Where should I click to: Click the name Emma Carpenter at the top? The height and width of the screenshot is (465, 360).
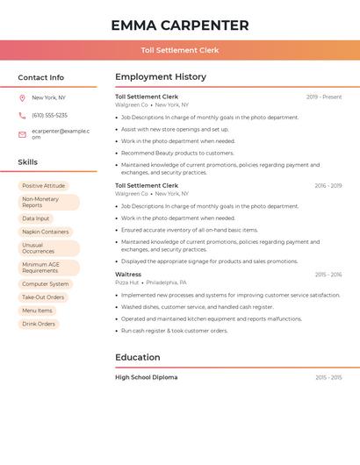point(180,25)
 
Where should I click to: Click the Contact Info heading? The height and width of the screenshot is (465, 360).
point(41,77)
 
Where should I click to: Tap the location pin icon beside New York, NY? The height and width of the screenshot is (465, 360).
point(22,97)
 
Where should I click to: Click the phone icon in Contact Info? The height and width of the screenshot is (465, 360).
point(22,115)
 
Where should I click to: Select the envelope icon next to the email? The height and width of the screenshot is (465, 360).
point(22,134)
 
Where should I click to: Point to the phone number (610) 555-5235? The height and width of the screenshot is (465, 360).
point(49,115)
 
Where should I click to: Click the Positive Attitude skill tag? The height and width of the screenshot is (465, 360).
point(44,186)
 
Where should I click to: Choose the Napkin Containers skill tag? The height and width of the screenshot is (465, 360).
point(46,232)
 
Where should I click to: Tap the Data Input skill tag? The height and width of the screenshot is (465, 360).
point(36,218)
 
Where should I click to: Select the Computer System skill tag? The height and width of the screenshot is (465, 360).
point(46,284)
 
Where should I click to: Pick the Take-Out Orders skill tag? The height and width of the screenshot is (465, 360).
point(43,297)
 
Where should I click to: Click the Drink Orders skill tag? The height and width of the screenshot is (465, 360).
point(39,324)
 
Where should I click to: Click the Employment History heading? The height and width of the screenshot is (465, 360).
point(161,77)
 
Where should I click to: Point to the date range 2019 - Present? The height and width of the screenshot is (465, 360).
point(324,97)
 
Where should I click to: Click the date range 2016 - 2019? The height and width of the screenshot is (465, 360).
point(328,186)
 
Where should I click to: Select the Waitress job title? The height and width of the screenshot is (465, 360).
point(128,275)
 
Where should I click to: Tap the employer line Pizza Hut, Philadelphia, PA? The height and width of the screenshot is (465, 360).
point(151,283)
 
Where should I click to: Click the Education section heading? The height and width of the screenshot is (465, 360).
point(138,357)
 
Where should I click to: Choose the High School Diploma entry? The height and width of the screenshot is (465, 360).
point(146,377)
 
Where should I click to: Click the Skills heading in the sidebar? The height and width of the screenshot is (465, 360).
point(28,162)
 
